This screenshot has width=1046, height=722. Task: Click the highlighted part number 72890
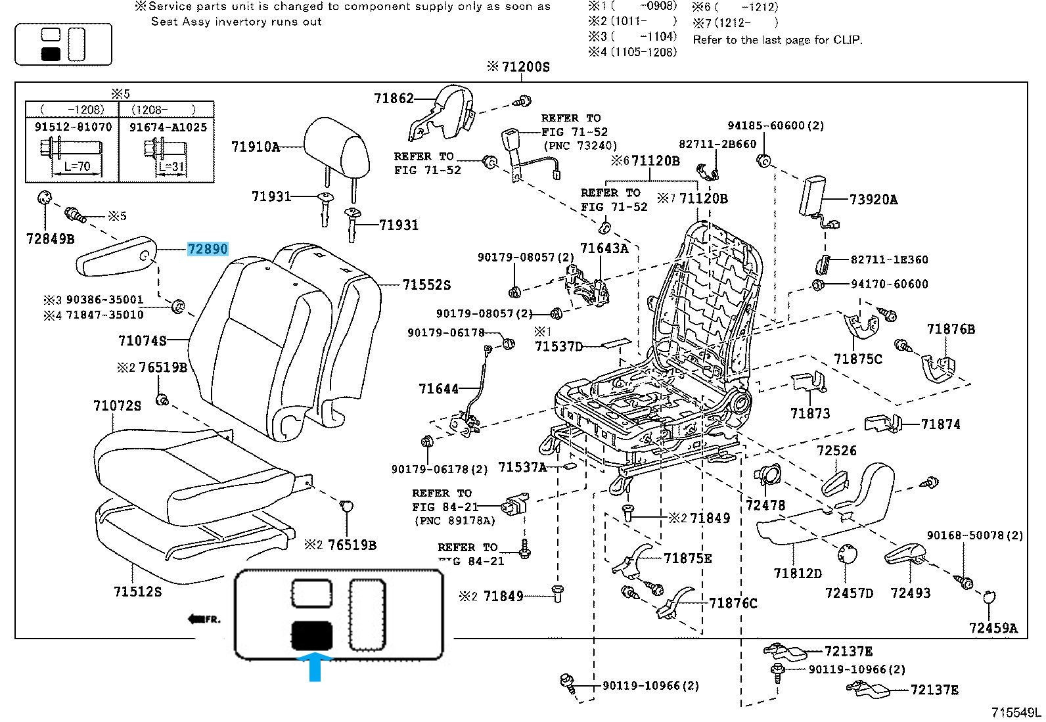pyautogui.click(x=208, y=249)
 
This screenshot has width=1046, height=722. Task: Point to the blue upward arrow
pyautogui.click(x=315, y=666)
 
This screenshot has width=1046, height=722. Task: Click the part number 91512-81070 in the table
pyautogui.click(x=73, y=127)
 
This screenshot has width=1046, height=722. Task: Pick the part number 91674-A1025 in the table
pyautogui.click(x=168, y=127)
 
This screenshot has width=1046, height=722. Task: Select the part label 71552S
pyautogui.click(x=426, y=285)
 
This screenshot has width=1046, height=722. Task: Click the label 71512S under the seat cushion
pyautogui.click(x=137, y=591)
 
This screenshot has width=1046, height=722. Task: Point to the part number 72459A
pyautogui.click(x=992, y=628)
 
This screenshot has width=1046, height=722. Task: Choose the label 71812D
pyautogui.click(x=798, y=573)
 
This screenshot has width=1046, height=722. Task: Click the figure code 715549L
pyautogui.click(x=1016, y=712)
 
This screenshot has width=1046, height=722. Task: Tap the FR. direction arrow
pyautogui.click(x=204, y=618)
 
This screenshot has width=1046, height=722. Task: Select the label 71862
pyautogui.click(x=394, y=99)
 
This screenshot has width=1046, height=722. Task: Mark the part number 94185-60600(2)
pyautogui.click(x=775, y=125)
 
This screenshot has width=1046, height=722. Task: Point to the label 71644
pyautogui.click(x=438, y=389)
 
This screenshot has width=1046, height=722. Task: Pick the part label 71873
pyautogui.click(x=810, y=413)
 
